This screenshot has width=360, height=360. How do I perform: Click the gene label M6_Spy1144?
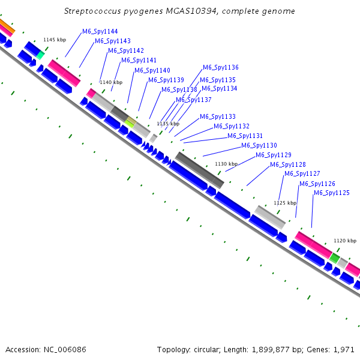[x=100, y=31]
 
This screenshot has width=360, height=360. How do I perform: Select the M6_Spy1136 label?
[x=221, y=67]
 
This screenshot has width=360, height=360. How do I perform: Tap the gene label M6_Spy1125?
[x=332, y=193]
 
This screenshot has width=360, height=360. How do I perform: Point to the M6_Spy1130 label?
[x=259, y=146]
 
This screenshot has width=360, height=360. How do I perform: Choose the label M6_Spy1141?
[x=139, y=61]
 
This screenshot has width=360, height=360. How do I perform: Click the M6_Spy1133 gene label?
[x=218, y=116]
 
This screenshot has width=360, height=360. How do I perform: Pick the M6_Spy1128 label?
[x=288, y=164]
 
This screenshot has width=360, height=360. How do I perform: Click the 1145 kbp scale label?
[x=55, y=40]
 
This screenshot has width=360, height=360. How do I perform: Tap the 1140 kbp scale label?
[x=111, y=82]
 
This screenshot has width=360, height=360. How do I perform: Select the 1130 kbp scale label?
[x=226, y=164]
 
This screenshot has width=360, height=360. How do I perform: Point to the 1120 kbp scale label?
[x=345, y=241]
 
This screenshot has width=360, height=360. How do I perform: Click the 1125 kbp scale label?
[x=285, y=203]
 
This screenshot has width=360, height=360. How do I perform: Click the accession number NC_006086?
[x=65, y=350]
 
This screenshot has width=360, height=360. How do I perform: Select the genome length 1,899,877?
[x=271, y=350]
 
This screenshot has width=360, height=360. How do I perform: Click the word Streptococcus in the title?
[x=92, y=11]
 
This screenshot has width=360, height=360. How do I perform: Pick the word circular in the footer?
[x=207, y=350]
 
